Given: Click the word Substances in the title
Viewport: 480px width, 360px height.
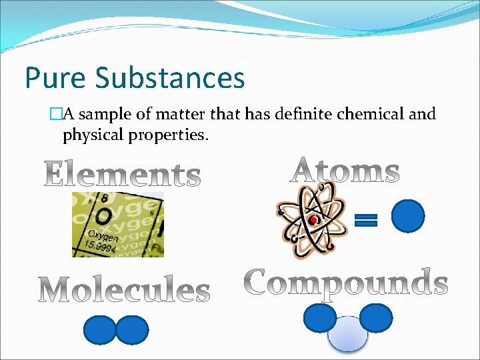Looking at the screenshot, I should point(170,78).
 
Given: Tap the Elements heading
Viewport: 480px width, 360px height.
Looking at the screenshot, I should point(123,175).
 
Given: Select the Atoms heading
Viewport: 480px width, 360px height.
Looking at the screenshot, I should point(345,171).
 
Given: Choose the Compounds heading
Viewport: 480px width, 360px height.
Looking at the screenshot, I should point(345,283).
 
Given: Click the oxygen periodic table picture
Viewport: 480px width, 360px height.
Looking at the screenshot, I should point(118,224).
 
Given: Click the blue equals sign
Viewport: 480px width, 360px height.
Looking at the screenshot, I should point(365,220).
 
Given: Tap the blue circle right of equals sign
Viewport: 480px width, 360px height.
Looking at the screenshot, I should point(408,217).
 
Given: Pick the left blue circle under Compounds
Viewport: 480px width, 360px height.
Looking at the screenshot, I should point(319,318).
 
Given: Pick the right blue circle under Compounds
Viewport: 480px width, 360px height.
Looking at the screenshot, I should point(376,318).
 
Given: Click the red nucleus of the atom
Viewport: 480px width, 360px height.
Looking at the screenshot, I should point(313,220).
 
